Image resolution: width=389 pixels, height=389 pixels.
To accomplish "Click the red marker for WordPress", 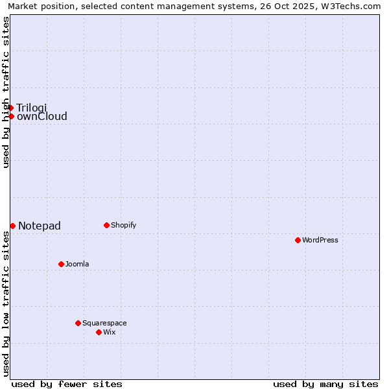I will (298, 240).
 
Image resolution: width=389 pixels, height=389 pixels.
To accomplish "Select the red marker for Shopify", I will (106, 225).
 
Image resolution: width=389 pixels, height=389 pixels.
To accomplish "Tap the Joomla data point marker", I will (61, 264).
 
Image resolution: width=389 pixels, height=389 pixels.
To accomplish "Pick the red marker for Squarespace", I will (78, 323).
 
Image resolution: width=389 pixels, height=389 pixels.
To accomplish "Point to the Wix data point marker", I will (99, 332).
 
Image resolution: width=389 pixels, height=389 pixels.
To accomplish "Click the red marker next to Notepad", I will (12, 226).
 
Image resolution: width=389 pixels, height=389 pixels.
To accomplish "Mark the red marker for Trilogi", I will (11, 108).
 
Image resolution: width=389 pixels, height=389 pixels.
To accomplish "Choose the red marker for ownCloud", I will (11, 116).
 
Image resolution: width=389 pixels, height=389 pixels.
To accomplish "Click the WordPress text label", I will (320, 241).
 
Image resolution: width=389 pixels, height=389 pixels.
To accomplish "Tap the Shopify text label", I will (124, 226).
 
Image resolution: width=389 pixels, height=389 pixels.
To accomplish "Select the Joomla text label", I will (77, 265).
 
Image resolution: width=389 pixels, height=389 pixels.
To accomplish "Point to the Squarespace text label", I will (104, 324).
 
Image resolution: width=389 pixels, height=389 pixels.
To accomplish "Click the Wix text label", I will (110, 333).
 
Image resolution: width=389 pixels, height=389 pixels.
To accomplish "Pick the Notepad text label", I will (40, 226).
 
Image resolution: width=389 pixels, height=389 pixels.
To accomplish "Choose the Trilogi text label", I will (32, 108).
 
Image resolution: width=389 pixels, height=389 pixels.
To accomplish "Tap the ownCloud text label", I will (42, 117).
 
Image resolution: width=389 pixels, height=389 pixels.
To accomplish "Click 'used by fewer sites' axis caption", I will (67, 384).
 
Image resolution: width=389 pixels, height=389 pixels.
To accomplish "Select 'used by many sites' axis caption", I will (325, 384).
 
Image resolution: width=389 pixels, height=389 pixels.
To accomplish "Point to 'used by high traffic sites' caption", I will (6, 92).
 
